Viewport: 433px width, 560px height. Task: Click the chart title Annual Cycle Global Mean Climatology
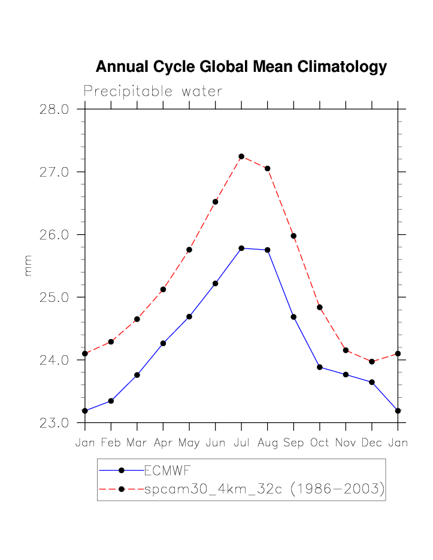[241, 67]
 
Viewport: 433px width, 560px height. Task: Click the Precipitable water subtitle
[153, 92]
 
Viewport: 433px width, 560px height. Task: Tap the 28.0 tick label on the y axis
[55, 110]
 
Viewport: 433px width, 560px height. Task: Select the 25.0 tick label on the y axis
[55, 298]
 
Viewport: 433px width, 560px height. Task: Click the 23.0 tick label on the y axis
[55, 423]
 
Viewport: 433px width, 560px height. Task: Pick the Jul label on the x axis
[241, 443]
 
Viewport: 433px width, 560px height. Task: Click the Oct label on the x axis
[320, 443]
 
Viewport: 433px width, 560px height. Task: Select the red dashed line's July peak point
[241, 156]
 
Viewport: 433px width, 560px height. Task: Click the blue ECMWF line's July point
[241, 248]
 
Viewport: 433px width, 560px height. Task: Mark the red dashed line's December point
[372, 362]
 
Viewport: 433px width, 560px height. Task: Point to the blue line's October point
[320, 367]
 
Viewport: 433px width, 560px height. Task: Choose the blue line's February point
[111, 401]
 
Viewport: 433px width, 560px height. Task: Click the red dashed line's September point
[293, 236]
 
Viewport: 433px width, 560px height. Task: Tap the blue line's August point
[268, 250]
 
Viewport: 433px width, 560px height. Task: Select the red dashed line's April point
[163, 289]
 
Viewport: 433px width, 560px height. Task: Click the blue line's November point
[346, 374]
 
